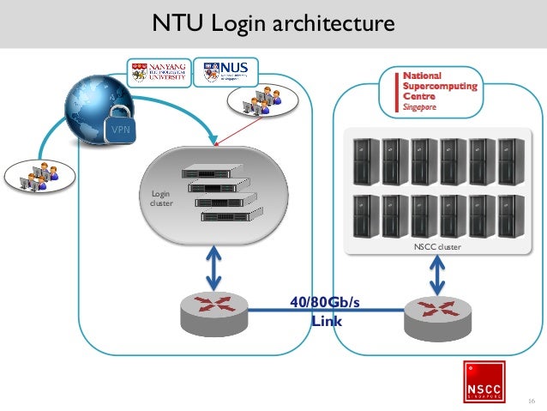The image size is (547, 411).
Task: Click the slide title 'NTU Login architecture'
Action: click(273, 23)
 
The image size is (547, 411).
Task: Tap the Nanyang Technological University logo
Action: click(159, 73)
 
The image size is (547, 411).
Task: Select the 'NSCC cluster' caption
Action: click(436, 247)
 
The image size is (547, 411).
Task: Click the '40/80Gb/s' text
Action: click(325, 302)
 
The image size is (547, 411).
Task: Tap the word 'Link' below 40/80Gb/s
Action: click(326, 321)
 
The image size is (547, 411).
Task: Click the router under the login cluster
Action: click(214, 312)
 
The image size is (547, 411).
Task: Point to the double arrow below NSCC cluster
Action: click(437, 276)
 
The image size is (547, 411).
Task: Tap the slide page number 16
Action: click(531, 401)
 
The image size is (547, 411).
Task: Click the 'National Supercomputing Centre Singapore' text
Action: click(429, 93)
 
